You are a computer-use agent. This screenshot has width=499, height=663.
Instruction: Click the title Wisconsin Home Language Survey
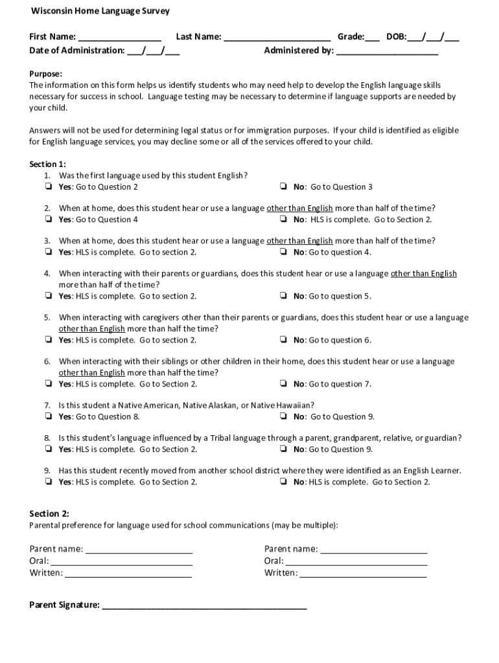(x=100, y=12)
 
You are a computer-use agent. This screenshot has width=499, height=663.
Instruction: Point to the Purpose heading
(x=45, y=74)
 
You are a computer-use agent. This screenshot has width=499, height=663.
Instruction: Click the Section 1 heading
(x=47, y=164)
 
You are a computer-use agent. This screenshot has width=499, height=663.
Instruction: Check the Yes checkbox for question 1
(x=49, y=187)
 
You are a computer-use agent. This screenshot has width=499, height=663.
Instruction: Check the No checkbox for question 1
(x=284, y=187)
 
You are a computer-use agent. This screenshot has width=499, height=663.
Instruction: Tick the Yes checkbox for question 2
(x=49, y=219)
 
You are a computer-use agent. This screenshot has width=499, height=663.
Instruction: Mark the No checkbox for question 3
(x=284, y=252)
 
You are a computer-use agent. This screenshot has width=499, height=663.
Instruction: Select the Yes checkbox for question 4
(x=49, y=296)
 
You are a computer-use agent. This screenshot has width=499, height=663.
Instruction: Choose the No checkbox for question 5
(x=284, y=340)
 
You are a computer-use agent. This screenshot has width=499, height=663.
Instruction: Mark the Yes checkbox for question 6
(x=49, y=384)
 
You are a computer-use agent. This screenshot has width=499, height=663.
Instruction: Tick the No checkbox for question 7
(x=284, y=416)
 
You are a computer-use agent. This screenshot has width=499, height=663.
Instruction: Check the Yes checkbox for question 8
(x=49, y=449)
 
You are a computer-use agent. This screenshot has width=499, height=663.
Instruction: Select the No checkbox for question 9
(x=284, y=482)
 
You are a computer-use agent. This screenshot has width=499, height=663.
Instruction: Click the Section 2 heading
(x=49, y=513)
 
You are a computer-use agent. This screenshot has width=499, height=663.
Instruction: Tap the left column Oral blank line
(x=121, y=562)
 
